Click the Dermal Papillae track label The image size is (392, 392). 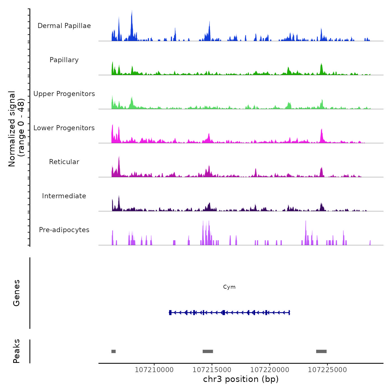[64, 26]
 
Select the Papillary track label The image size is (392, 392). [64, 60]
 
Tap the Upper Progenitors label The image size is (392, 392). [64, 94]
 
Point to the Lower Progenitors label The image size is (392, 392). [64, 128]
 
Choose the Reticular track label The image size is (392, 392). [64, 162]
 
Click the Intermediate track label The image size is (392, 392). [64, 196]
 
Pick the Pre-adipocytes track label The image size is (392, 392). [64, 230]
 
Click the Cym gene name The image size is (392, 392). [229, 287]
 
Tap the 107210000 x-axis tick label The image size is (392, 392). [154, 370]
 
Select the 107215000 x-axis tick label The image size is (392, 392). [212, 370]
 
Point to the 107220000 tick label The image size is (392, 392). [270, 370]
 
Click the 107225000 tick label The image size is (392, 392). [327, 370]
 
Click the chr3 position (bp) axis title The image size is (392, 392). [241, 379]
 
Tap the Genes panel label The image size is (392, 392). [17, 293]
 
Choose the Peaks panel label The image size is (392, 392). [17, 351]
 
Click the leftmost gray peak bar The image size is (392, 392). [113, 351]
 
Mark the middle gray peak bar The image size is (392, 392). [208, 351]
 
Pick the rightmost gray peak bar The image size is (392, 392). [321, 351]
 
